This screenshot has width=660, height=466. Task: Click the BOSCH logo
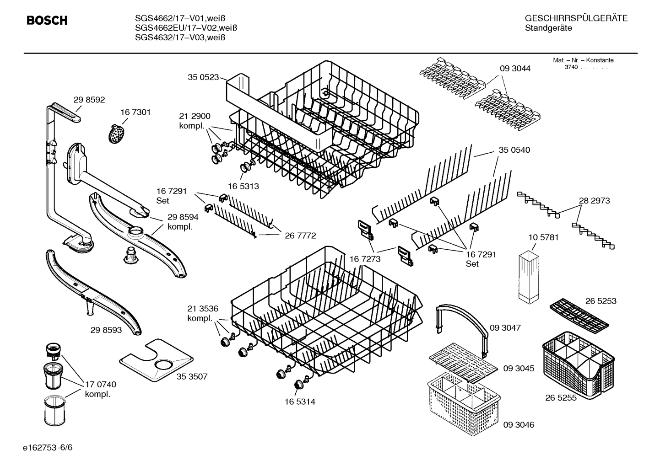pos(47,21)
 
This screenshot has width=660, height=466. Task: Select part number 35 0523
pos(203,77)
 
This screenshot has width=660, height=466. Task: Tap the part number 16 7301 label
pos(135,112)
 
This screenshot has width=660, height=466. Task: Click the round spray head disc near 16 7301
pos(117,134)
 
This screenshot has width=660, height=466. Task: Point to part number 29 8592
pos(89,99)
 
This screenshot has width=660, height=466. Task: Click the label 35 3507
pos(192,376)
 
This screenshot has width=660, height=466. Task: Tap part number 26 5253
pos(600,301)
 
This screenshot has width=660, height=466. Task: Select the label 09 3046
pos(519,425)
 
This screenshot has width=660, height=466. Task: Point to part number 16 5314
pos(299,402)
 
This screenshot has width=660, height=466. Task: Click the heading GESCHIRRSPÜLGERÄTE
pos(576,19)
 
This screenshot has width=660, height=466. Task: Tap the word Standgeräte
pos(548,28)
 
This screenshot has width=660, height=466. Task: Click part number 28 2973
pos(594,201)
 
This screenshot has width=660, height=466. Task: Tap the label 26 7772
pos(300,236)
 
